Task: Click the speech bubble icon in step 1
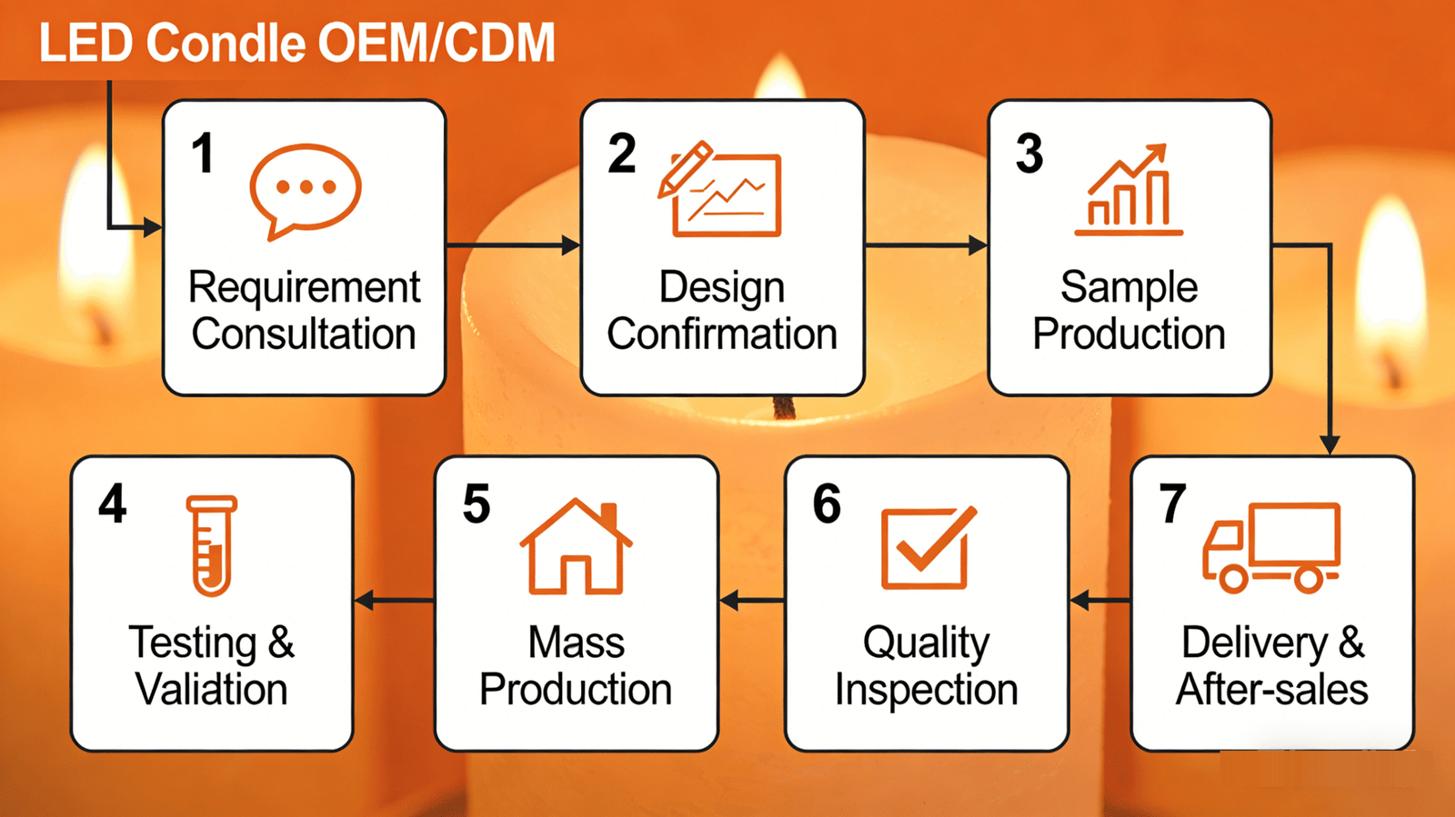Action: (x=306, y=188)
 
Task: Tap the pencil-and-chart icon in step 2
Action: (x=719, y=190)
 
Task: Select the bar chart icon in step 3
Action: (x=1129, y=190)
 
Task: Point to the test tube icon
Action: (x=212, y=546)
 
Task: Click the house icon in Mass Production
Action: (x=576, y=546)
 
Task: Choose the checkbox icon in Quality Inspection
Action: (x=928, y=548)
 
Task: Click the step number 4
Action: (x=113, y=503)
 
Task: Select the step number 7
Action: (x=1172, y=503)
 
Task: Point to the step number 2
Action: (x=622, y=154)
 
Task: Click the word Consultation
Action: (x=304, y=334)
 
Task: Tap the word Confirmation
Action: (x=722, y=334)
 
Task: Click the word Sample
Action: (x=1129, y=288)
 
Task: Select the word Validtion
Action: (x=212, y=689)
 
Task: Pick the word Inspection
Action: (x=927, y=690)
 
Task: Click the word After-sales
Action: (x=1272, y=689)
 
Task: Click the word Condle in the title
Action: (x=226, y=43)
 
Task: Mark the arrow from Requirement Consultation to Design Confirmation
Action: (x=513, y=245)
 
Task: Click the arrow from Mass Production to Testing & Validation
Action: (x=395, y=601)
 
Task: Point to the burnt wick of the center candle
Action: (x=784, y=407)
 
